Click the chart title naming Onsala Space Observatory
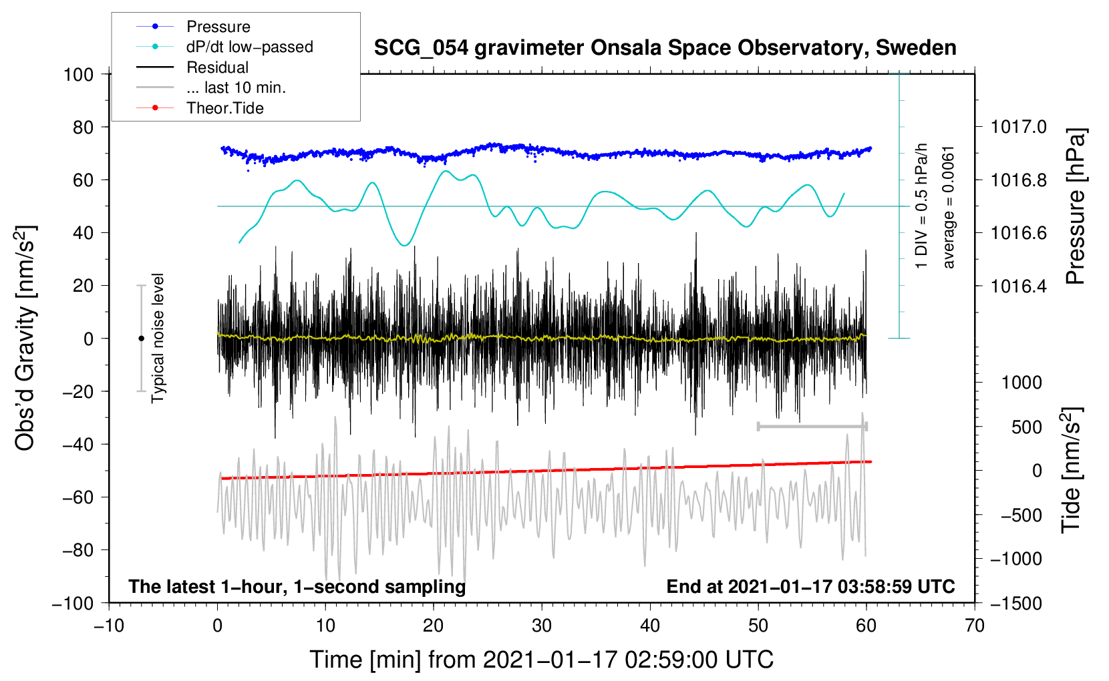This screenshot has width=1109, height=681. point(665,48)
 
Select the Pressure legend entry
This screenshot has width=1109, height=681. point(218,27)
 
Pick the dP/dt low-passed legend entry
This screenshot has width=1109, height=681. point(249,47)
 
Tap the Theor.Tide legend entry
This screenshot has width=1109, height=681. point(224,108)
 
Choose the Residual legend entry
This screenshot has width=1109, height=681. point(217,67)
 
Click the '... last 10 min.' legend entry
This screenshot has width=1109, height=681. point(236,87)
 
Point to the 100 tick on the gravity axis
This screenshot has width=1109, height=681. point(79,74)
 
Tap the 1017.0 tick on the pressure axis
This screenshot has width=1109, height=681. point(1018,127)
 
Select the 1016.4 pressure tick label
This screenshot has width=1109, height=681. point(1018,286)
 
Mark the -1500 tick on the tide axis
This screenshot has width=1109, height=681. point(1015,603)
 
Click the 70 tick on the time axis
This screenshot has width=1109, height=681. point(975,626)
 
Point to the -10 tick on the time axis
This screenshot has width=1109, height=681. point(109,626)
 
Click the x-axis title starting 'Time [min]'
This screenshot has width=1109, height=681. point(541,660)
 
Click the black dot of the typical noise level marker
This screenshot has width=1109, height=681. point(141,338)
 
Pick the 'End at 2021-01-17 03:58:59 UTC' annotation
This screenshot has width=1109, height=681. point(810,586)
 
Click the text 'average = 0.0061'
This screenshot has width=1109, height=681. point(948,207)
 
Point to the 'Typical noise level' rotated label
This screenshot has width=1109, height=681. point(158,338)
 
